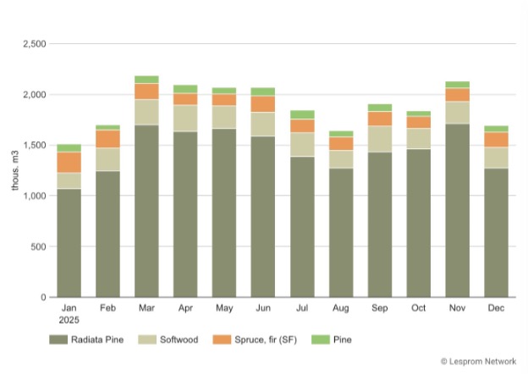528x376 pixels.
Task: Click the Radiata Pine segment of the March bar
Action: pos(146,212)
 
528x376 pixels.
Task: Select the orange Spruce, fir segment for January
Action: pos(69,163)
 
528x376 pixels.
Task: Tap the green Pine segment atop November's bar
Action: pos(457,85)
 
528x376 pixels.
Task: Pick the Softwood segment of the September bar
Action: pos(379,139)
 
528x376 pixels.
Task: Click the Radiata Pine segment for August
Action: pos(341,233)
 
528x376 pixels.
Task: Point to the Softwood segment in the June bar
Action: pos(263,124)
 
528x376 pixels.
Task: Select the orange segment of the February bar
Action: pos(107,139)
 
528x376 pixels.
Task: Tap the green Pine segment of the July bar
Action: pos(302,114)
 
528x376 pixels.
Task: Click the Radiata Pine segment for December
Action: pos(496,233)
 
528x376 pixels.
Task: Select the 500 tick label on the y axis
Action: pos(38,246)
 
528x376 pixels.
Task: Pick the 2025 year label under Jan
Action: pos(69,320)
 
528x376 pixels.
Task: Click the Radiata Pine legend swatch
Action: pos(57,340)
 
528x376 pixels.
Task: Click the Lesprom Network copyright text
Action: pos(480,362)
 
